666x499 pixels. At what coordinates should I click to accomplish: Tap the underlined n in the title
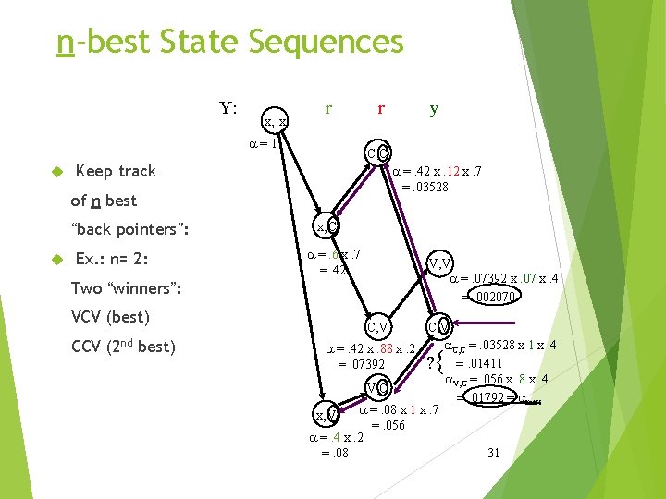(x=64, y=43)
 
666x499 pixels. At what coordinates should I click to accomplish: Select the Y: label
(x=228, y=108)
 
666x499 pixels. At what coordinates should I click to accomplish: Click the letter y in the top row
(x=434, y=108)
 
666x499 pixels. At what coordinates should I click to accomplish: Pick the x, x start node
(x=275, y=121)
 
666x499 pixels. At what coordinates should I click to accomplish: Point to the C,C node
(x=377, y=152)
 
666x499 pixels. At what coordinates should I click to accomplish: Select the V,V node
(x=438, y=264)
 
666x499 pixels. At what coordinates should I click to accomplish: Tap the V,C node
(x=376, y=387)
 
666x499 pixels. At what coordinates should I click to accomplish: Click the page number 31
(x=493, y=453)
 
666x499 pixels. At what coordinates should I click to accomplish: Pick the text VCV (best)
(x=110, y=317)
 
